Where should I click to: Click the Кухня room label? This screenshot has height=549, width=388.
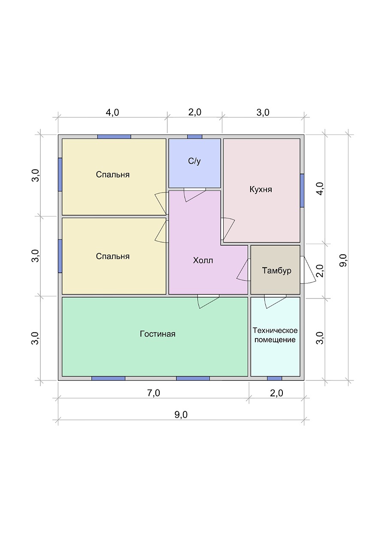[x=261, y=190]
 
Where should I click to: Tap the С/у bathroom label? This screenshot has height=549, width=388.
[x=194, y=161]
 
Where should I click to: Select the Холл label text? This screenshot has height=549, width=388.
[x=203, y=260]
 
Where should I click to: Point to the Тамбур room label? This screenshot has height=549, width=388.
[x=277, y=270]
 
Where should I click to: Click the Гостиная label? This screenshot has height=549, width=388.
[x=158, y=334]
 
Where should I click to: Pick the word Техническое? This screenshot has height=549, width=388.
[x=275, y=330]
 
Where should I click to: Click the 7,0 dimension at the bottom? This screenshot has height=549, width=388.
[x=154, y=393]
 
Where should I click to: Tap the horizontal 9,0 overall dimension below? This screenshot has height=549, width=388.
[x=181, y=415]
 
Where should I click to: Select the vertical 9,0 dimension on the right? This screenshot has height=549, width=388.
[x=343, y=260]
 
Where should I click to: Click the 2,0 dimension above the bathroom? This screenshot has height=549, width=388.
[x=195, y=112]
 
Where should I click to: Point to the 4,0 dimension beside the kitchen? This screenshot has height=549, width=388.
[x=320, y=188]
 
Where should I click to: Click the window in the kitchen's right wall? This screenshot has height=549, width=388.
[x=302, y=190]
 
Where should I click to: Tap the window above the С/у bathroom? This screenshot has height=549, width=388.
[x=195, y=137]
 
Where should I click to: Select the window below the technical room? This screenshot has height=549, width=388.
[x=274, y=378]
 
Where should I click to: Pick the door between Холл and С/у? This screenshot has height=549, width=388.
[x=195, y=195]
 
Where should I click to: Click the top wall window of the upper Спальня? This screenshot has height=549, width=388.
[x=114, y=137]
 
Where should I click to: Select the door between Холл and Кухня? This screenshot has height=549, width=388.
[x=227, y=229]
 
